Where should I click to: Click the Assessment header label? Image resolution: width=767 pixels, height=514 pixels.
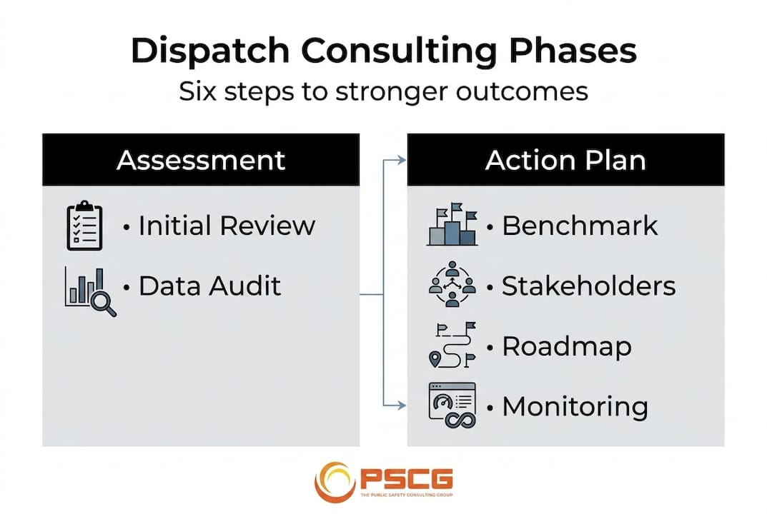201,160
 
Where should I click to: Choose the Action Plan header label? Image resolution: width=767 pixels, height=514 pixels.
565,160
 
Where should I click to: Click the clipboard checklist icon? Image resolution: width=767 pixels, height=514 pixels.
85,226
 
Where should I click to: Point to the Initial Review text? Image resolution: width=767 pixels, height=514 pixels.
227,226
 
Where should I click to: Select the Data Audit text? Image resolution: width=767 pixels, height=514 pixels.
209,286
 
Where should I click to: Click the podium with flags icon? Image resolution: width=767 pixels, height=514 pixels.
452,225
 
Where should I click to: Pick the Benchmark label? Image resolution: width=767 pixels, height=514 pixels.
580,226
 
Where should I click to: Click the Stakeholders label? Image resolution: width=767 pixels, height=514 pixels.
588,286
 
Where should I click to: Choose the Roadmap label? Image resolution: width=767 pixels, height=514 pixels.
567,347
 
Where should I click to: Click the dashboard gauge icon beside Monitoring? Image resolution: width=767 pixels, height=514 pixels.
452,405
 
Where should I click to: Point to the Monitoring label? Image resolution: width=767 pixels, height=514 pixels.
575,407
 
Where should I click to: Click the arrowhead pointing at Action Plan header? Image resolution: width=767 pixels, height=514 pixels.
402,160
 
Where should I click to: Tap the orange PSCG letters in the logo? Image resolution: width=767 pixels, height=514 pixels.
406,478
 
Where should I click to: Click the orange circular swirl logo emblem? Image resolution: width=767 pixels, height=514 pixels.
335,482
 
